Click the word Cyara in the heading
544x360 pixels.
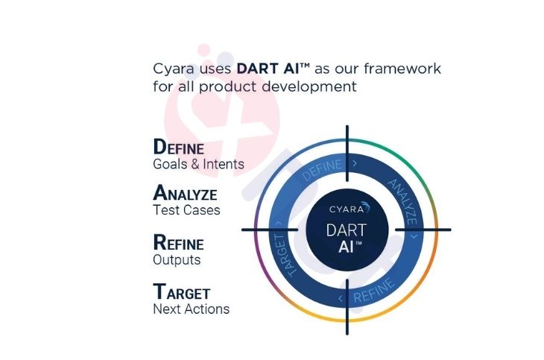174,69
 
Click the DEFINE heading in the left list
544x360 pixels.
178,147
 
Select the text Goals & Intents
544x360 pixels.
198,164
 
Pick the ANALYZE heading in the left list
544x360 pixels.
185,194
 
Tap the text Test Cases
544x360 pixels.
186,210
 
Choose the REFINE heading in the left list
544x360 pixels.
178,243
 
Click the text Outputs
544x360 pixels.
177,260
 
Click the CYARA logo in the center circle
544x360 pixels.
346,209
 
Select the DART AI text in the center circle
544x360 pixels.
346,239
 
